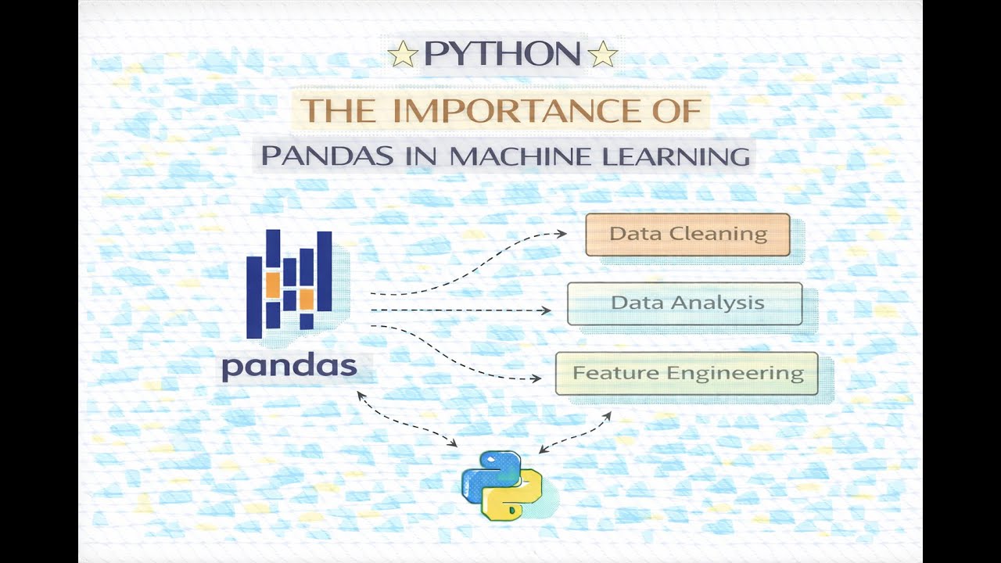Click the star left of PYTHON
pyautogui.click(x=403, y=56)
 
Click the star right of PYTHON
pyautogui.click(x=601, y=56)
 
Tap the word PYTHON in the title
pyautogui.click(x=501, y=55)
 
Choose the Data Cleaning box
pyautogui.click(x=687, y=234)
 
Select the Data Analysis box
pyautogui.click(x=684, y=303)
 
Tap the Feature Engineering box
pyautogui.click(x=687, y=374)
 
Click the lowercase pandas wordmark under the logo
pyautogui.click(x=289, y=366)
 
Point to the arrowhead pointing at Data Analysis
pyautogui.click(x=547, y=310)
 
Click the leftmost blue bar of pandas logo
pyautogui.click(x=254, y=297)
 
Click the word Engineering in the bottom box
pyautogui.click(x=746, y=374)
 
